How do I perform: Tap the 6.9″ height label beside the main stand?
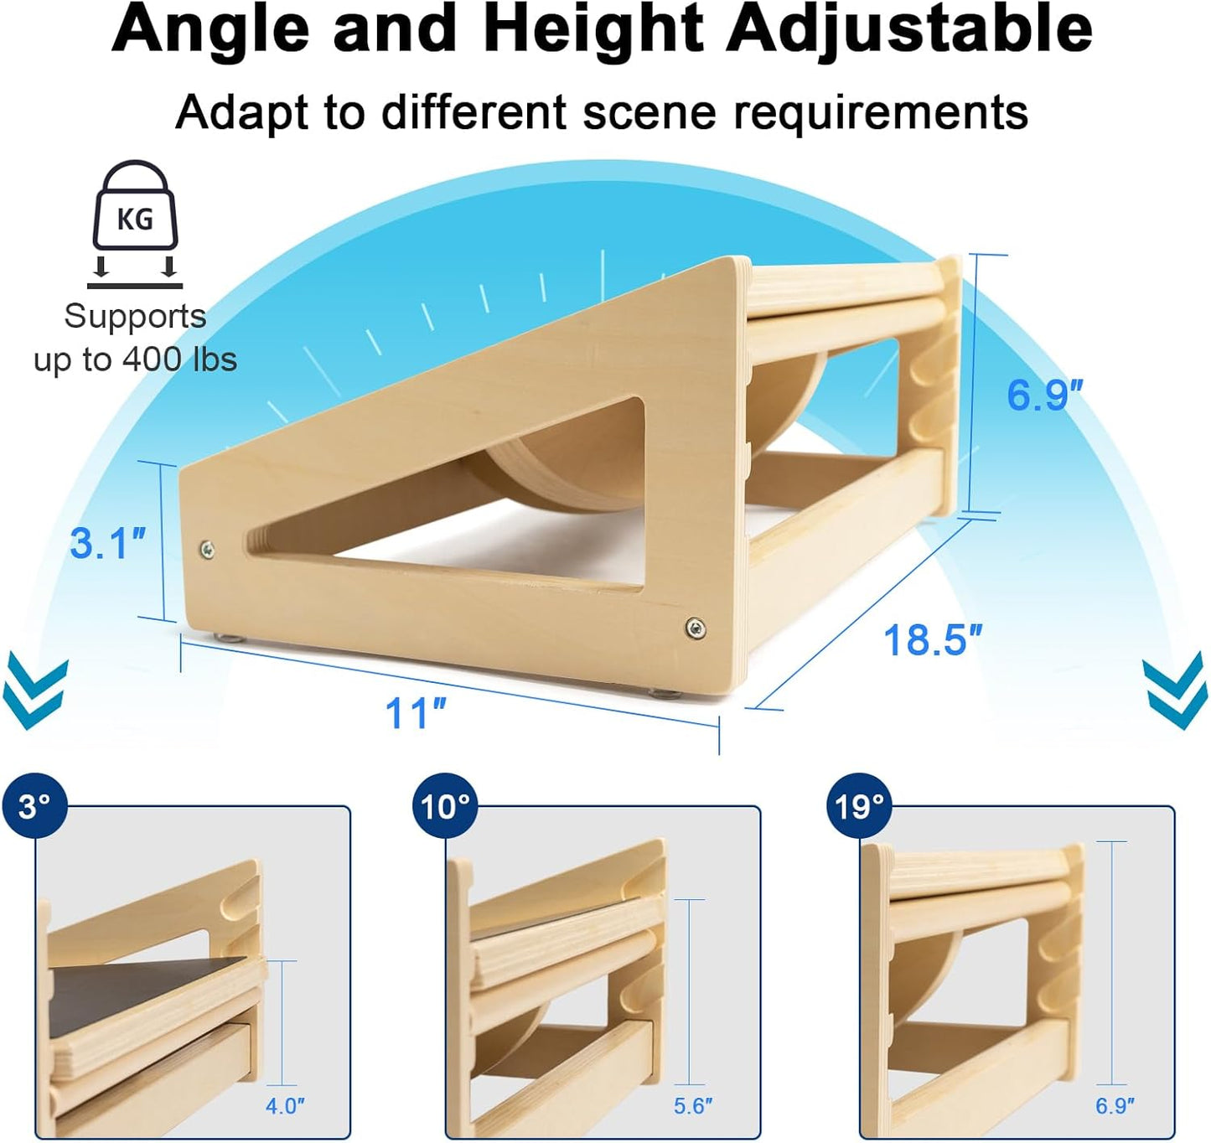(x=1043, y=395)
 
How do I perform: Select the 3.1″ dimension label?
(x=107, y=543)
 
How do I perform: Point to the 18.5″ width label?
(x=932, y=641)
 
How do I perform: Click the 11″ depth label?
(x=415, y=714)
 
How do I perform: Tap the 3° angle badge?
(x=34, y=806)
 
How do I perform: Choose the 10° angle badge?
(x=445, y=806)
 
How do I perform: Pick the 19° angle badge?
(x=858, y=806)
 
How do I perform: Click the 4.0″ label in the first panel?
(x=285, y=1106)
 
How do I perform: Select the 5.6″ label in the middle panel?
(x=693, y=1106)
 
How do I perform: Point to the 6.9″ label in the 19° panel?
(x=1115, y=1106)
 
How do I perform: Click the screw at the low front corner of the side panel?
(x=207, y=550)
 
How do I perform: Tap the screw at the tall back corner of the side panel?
(x=695, y=628)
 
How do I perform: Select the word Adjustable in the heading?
(x=909, y=29)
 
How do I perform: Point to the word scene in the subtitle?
(x=650, y=113)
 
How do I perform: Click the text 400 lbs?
(x=179, y=359)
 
